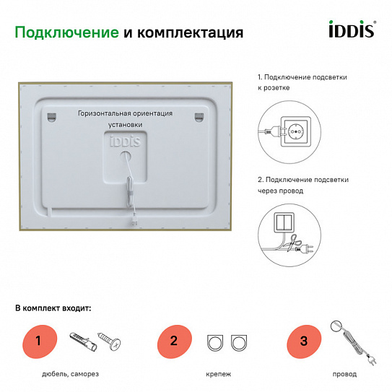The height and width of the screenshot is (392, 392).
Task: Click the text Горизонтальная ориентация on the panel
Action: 126,113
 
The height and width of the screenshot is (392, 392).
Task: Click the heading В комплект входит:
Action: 53,308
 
